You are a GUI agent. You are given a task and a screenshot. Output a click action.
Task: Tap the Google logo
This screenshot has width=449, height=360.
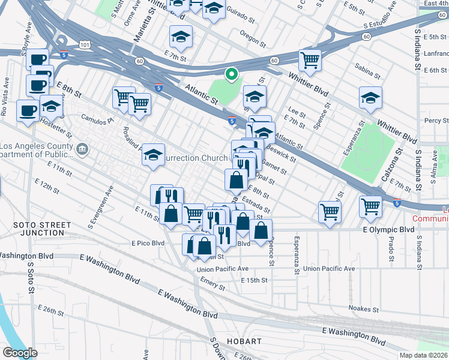coord(20,353)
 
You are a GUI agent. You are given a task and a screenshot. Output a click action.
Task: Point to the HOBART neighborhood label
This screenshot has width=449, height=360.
coord(245,341)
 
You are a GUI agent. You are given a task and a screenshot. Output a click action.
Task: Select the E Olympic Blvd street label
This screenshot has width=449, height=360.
coord(388,230)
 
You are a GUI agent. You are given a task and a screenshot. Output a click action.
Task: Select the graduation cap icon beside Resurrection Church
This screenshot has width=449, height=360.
coord(154,155)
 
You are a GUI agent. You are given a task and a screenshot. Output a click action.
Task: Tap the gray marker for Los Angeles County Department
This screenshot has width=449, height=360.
coord(82,149)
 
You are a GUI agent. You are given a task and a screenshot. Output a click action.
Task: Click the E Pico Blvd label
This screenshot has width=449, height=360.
coord(148,244)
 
